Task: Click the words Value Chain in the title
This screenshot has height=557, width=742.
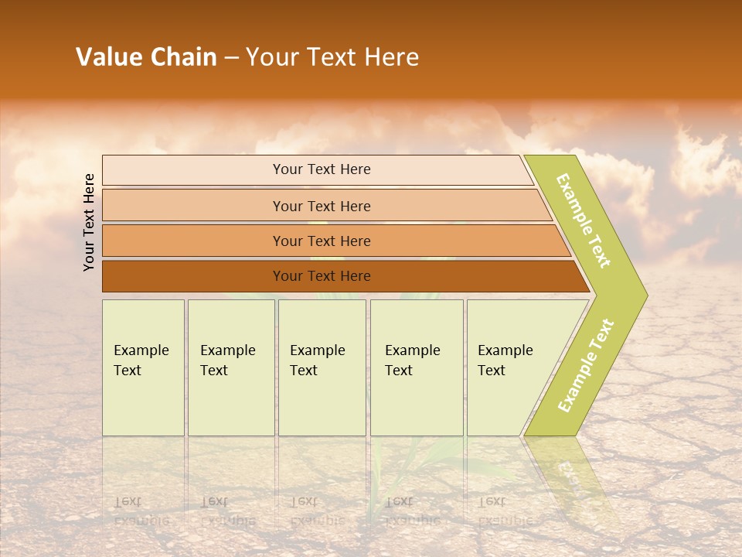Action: coord(146,57)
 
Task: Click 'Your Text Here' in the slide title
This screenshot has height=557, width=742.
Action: coord(332,57)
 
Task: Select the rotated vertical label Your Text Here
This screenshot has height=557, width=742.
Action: coord(89,222)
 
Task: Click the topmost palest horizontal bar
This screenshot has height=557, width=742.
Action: coord(321,169)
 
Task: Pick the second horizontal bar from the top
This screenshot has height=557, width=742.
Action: coord(321,206)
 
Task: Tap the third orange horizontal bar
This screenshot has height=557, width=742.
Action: coord(321,241)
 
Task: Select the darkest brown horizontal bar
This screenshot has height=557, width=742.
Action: coord(321,276)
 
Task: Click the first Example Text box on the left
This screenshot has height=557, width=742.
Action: coord(143,367)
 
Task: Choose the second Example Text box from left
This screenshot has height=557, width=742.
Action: coord(230,367)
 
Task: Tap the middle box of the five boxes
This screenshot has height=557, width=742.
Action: coord(322,367)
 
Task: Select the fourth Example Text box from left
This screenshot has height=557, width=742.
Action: coord(417,367)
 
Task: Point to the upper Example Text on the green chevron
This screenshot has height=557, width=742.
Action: coord(584,220)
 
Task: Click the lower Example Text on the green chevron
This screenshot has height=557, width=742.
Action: coord(585,366)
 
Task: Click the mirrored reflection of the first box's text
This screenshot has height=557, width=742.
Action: coord(141,511)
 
